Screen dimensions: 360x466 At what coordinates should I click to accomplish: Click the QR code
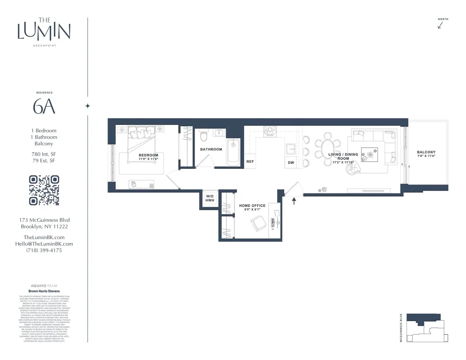click(44, 190)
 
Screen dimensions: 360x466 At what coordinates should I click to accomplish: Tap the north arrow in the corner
click(440, 25)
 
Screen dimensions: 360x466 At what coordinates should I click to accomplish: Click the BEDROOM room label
click(148, 155)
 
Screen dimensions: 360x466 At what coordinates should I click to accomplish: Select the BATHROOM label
click(211, 149)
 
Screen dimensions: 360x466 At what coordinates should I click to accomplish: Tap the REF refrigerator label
click(250, 162)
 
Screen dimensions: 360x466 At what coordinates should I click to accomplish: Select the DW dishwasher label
click(291, 162)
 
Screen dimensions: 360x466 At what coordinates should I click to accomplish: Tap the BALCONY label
click(426, 152)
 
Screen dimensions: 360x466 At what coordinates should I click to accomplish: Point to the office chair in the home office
click(258, 224)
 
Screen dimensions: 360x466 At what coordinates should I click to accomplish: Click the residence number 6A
click(44, 107)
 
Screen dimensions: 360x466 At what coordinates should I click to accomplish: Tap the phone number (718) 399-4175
click(44, 250)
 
